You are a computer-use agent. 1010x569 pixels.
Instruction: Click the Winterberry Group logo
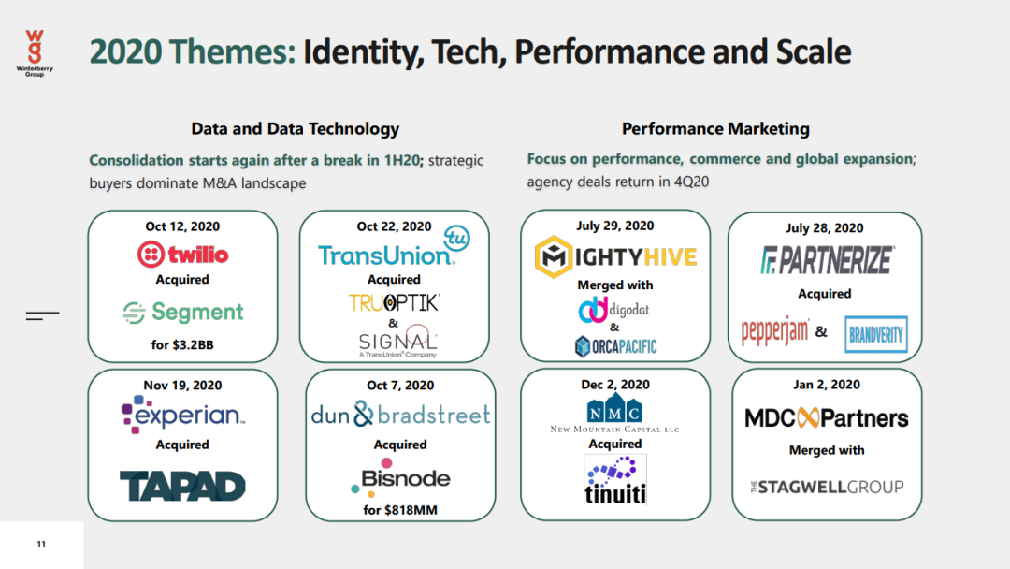pyautogui.click(x=35, y=53)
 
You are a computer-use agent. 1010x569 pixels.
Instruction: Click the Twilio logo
pyautogui.click(x=183, y=255)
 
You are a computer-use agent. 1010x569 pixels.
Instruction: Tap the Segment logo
pyautogui.click(x=183, y=313)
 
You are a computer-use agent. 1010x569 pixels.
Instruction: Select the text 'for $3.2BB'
pyautogui.click(x=182, y=344)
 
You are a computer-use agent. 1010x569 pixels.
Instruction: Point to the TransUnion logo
pyautogui.click(x=394, y=248)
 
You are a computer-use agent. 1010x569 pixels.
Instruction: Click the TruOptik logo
pyautogui.click(x=395, y=303)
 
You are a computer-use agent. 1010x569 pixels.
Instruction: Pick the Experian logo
pyautogui.click(x=183, y=415)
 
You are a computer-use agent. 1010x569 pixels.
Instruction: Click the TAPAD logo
pyautogui.click(x=183, y=486)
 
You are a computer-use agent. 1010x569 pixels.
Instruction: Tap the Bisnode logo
pyautogui.click(x=400, y=477)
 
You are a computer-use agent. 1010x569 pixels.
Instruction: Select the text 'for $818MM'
pyautogui.click(x=400, y=510)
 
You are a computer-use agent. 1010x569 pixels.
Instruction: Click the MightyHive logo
pyautogui.click(x=615, y=256)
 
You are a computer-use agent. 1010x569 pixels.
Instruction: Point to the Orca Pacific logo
pyautogui.click(x=615, y=346)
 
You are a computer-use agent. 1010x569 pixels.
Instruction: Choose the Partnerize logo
pyautogui.click(x=828, y=259)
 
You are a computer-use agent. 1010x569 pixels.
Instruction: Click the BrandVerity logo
pyautogui.click(x=876, y=334)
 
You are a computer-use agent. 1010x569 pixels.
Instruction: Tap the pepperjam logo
pyautogui.click(x=775, y=332)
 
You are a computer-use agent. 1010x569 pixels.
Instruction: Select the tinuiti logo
pyautogui.click(x=615, y=480)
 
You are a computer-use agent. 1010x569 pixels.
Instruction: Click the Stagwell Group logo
pyautogui.click(x=827, y=488)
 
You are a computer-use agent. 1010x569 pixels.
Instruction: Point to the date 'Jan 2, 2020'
pyautogui.click(x=827, y=385)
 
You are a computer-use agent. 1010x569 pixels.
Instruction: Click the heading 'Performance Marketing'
pyautogui.click(x=715, y=129)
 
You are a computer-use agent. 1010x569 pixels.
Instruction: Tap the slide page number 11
pyautogui.click(x=41, y=544)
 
